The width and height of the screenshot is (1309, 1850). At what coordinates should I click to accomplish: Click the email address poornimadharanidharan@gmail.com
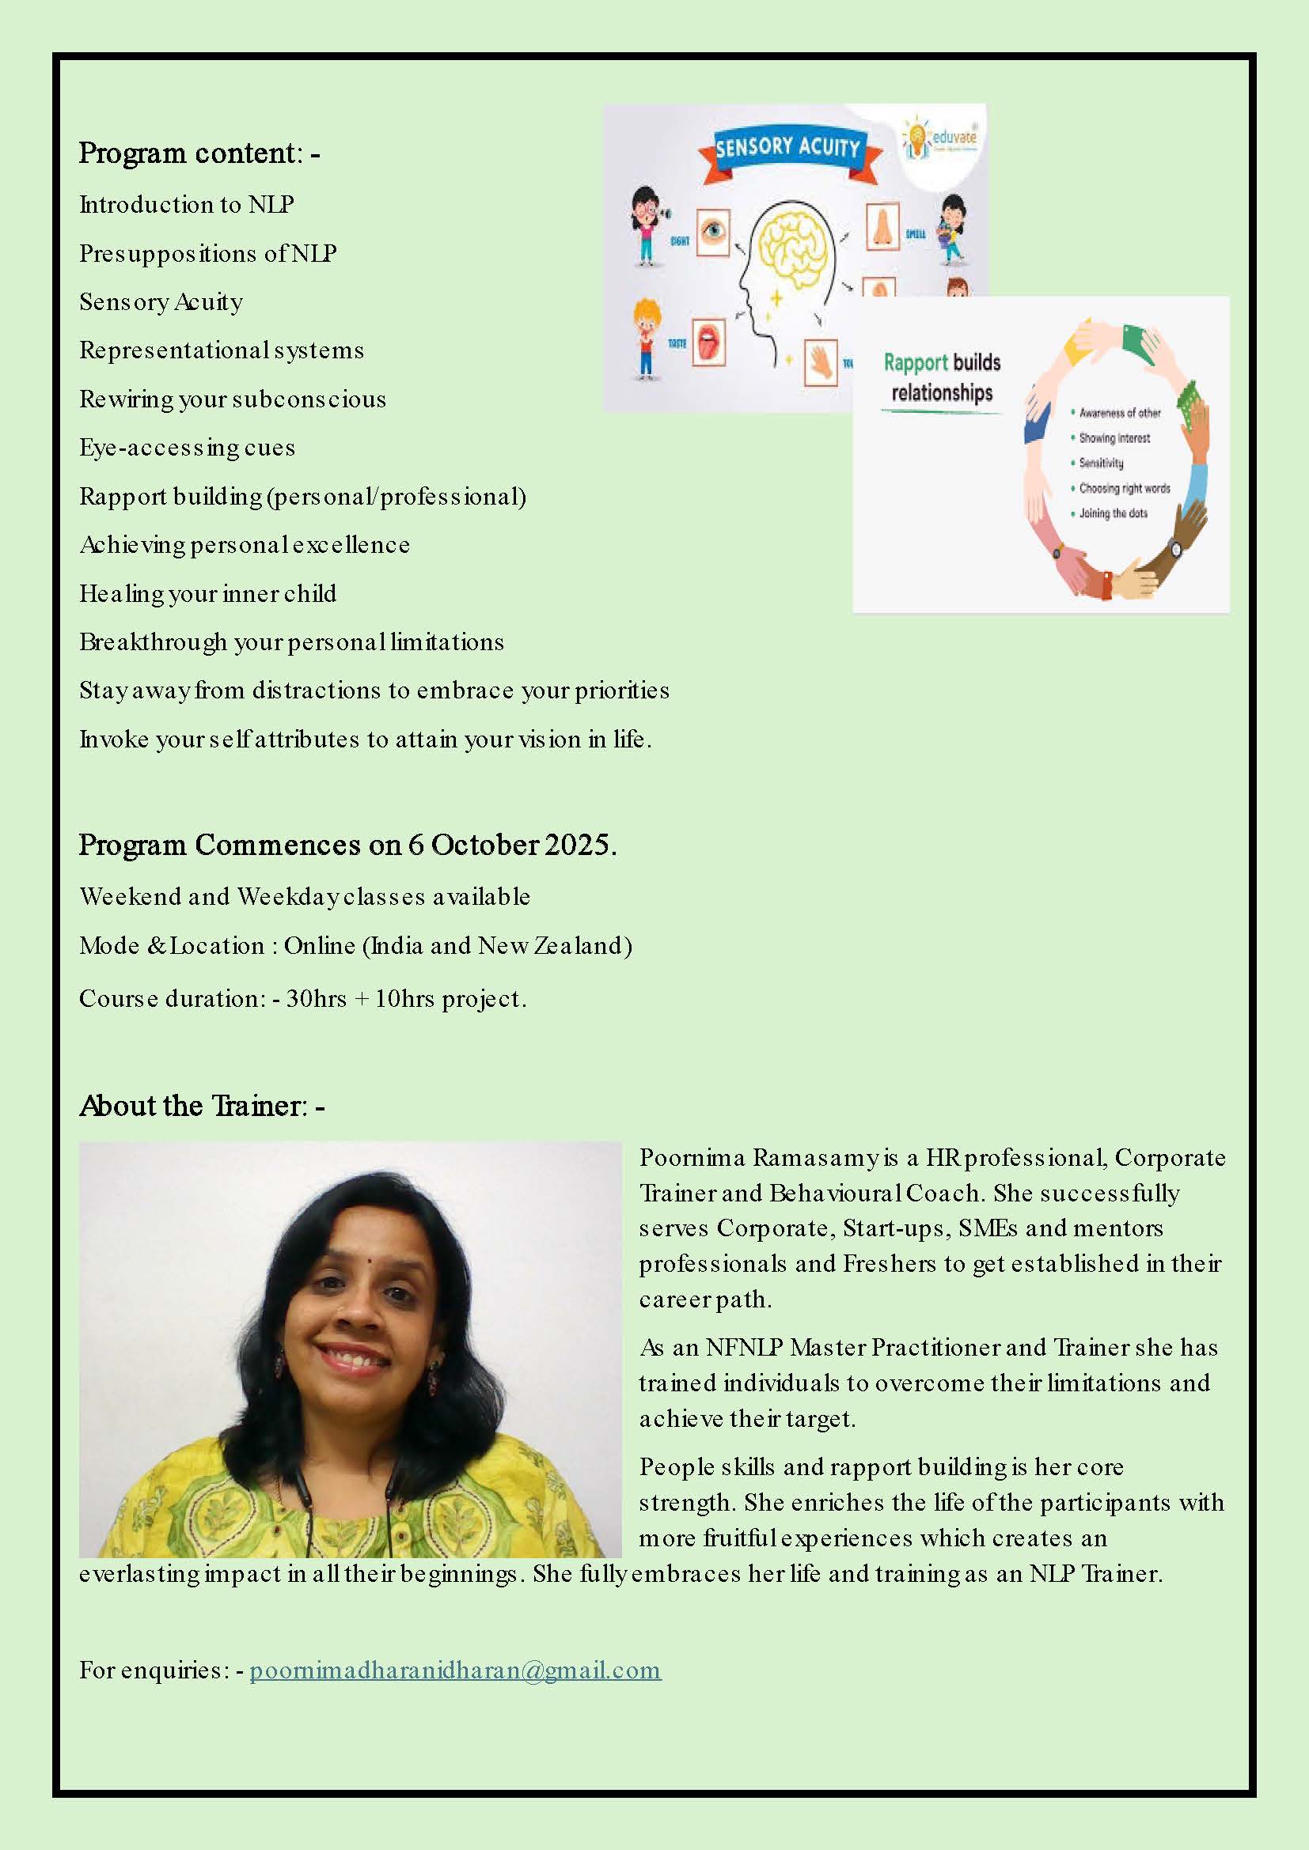[454, 1670]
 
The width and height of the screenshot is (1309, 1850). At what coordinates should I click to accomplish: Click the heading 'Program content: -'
[199, 153]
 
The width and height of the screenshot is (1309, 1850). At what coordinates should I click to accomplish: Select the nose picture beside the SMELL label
[882, 228]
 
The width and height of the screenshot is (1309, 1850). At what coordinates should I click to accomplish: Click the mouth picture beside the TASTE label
[708, 341]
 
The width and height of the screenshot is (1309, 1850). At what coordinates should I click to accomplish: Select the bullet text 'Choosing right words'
[1125, 488]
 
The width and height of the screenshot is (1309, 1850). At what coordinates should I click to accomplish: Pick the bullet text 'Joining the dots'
[1114, 513]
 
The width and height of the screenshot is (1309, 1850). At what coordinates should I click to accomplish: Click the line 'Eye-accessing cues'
[187, 448]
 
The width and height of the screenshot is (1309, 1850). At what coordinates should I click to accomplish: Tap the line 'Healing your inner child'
[208, 594]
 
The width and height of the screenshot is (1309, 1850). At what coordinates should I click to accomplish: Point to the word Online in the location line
[319, 945]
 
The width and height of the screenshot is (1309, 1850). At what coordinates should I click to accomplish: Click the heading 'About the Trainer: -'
[202, 1106]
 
